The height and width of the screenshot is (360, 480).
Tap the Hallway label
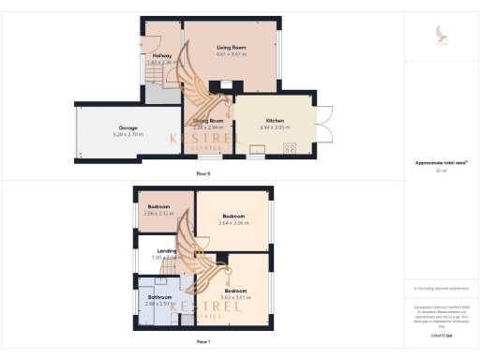[x=161, y=56]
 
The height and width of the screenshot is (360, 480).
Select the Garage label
[x=128, y=128]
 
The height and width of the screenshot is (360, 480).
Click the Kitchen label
[x=275, y=121]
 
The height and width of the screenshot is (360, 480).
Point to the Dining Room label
[x=208, y=121]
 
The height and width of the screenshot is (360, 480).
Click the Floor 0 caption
[x=203, y=174]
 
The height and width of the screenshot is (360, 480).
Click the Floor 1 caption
[x=203, y=342]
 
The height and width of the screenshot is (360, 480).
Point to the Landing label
[x=167, y=250]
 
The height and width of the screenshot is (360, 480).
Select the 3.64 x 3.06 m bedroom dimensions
[x=231, y=223]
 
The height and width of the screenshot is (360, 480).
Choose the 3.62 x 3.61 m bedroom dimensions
[x=233, y=296]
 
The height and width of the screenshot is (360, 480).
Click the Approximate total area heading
[x=441, y=163]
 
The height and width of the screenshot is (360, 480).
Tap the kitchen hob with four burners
[x=289, y=147]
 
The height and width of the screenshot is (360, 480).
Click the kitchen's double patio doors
[x=324, y=121]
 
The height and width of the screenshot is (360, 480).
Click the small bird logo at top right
[x=442, y=34]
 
